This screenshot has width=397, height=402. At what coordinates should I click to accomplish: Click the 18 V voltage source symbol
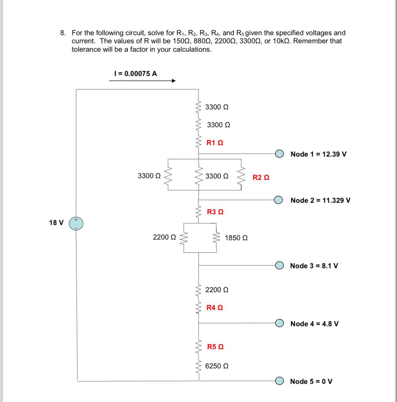[x=76, y=224]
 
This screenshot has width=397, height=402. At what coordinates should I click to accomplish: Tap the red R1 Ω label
[x=215, y=143]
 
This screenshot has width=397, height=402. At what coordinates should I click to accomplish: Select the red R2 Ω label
[x=261, y=177]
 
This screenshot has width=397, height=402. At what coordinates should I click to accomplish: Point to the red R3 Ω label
[x=215, y=212]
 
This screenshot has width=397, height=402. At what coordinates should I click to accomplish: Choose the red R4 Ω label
[x=215, y=308]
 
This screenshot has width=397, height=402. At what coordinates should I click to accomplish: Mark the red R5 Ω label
[x=215, y=347]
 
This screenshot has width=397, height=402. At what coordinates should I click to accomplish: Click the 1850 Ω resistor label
[x=236, y=238]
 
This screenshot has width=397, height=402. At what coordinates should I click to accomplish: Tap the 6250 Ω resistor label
[x=217, y=366]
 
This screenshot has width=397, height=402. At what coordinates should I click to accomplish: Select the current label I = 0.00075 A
[x=136, y=74]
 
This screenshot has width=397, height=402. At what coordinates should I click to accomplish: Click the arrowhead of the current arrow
[x=173, y=81]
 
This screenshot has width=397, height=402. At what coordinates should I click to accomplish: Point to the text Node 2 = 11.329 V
[x=320, y=200]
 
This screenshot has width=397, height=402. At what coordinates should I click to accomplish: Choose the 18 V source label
[x=56, y=223]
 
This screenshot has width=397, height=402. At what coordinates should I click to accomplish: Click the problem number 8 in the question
[x=63, y=33]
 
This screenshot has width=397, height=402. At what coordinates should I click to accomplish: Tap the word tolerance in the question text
[x=86, y=50]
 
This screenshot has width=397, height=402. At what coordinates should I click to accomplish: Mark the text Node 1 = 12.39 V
[x=318, y=154]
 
